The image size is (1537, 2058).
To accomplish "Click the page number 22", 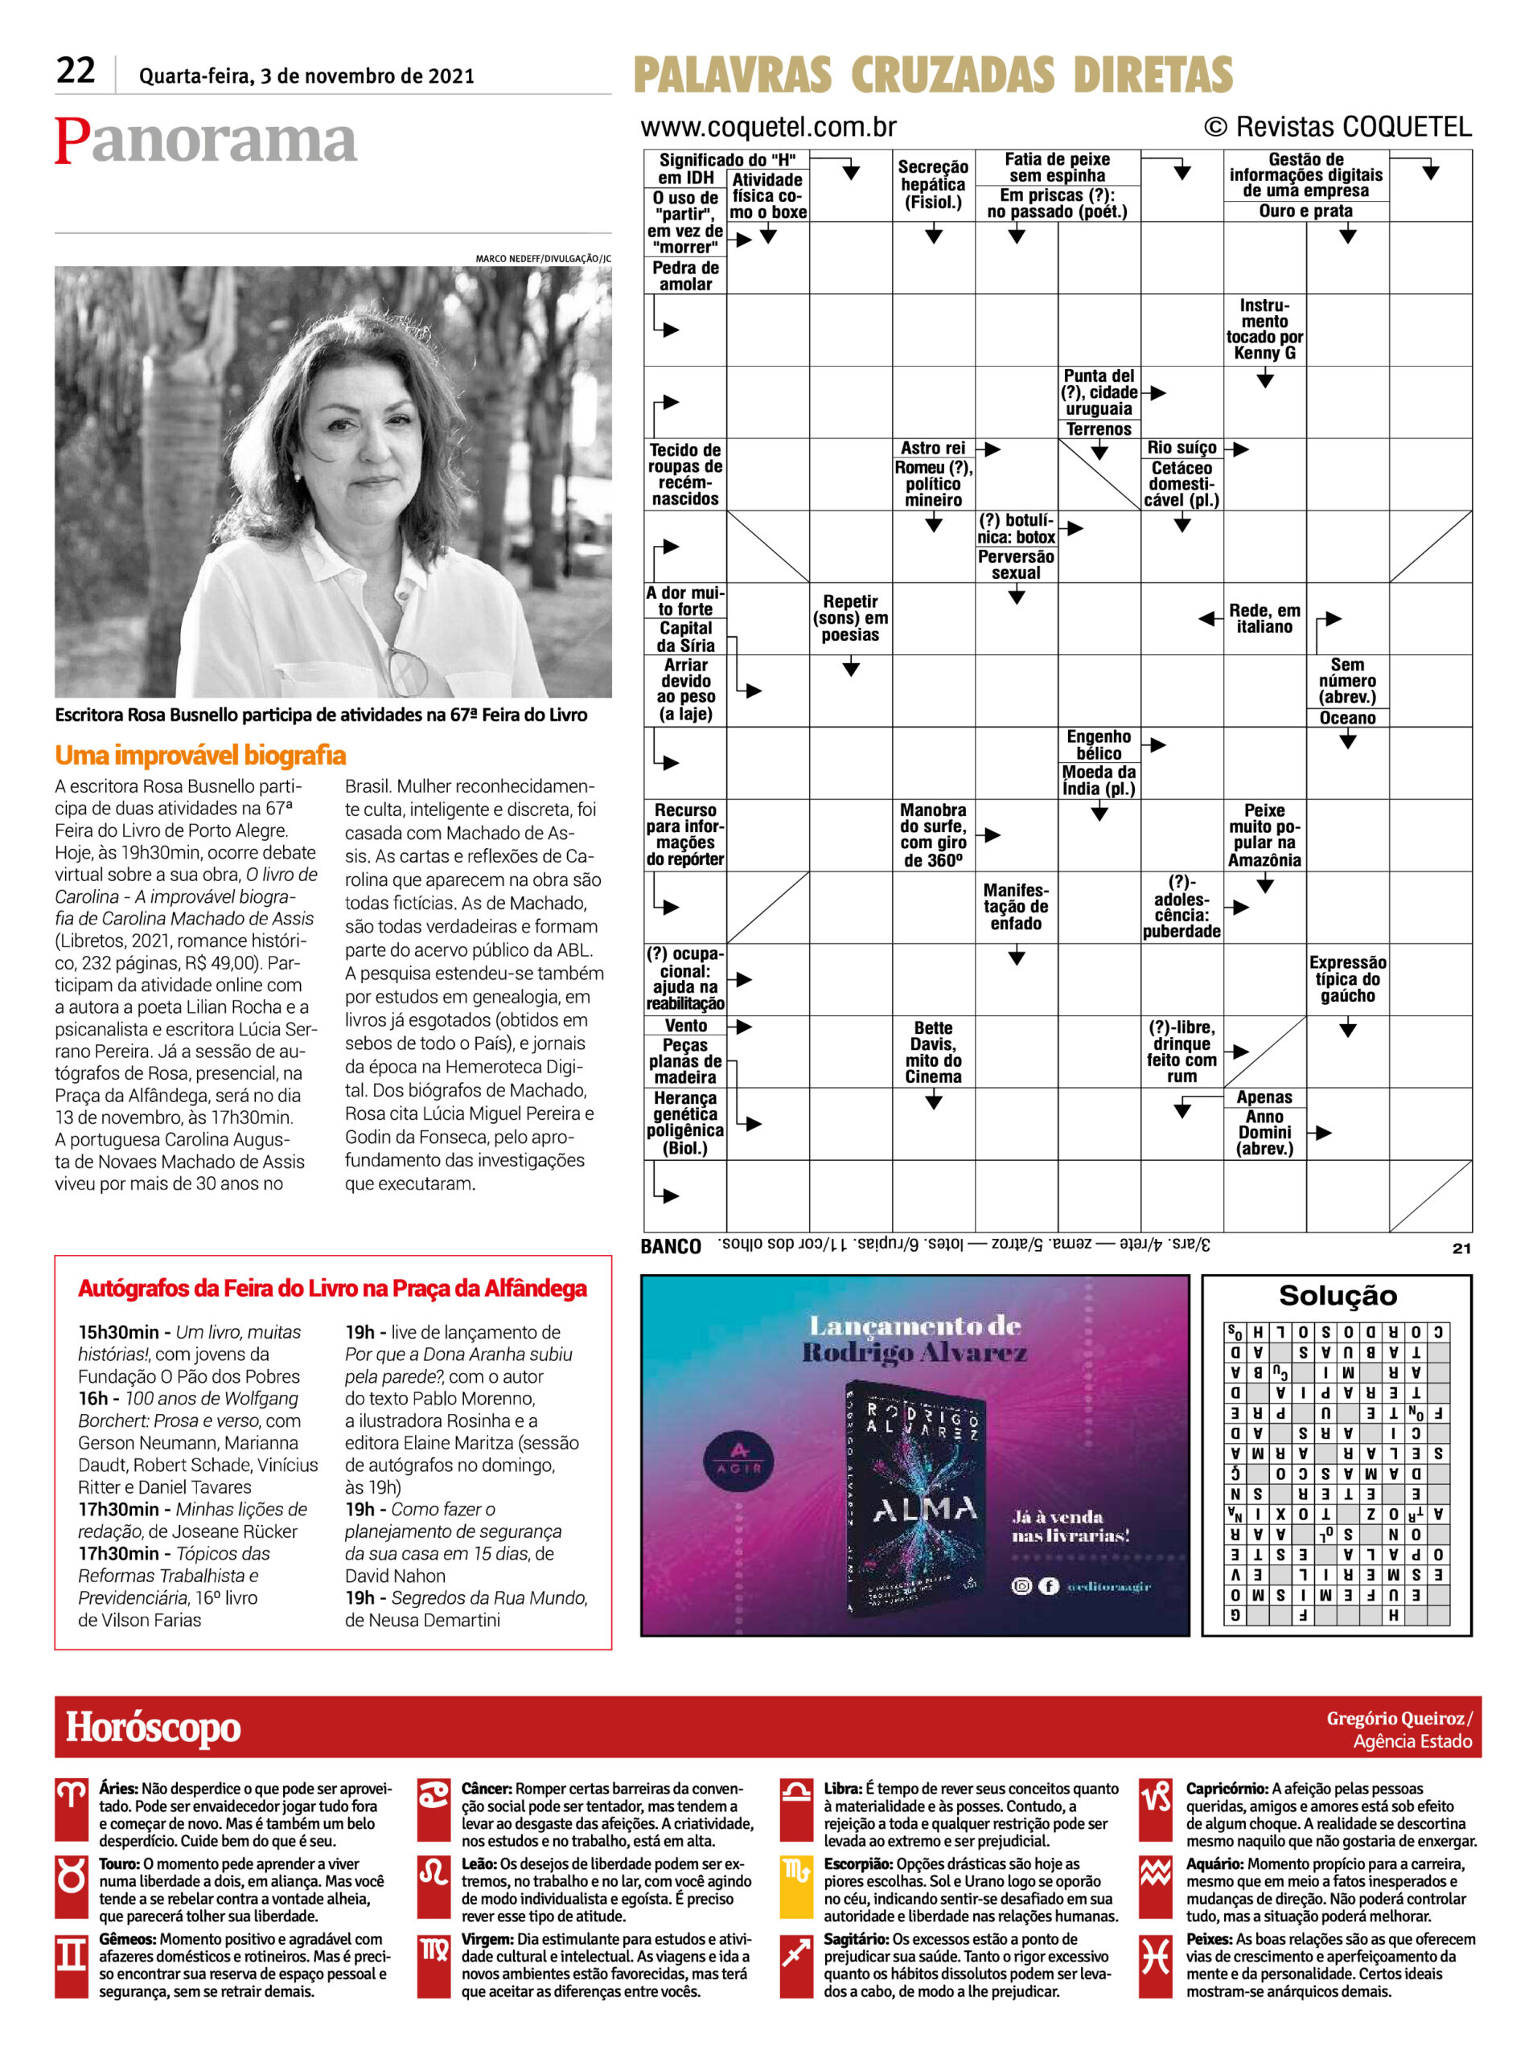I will point(76,71).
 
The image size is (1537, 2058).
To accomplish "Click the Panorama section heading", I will point(206,141).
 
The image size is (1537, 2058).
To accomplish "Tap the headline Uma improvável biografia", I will point(200,754).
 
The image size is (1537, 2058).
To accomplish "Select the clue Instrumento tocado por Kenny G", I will point(1264,330).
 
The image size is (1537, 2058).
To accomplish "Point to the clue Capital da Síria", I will point(686,636).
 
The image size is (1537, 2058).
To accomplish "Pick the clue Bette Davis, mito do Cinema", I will point(933,1052).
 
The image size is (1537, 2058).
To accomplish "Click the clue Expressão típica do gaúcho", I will point(1346,978).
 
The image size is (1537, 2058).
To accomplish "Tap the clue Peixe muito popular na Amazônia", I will point(1264,834).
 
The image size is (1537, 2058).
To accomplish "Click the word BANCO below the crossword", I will point(670,1246).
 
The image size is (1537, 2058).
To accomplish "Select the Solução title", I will point(1337,1295).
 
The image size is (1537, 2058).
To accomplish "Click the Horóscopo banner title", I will point(153,1727).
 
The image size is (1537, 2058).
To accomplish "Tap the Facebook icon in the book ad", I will point(1048,1585).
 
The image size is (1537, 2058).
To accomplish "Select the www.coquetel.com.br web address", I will point(769,126).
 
